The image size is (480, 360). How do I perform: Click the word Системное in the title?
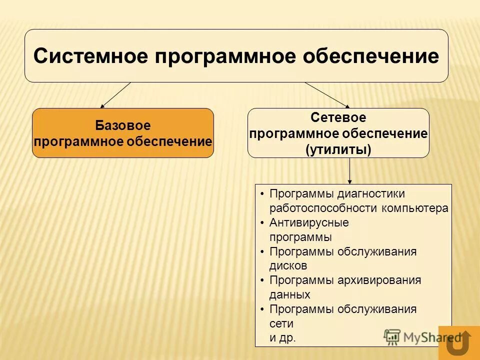point(90,56)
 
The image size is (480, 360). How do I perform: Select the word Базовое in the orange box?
point(122,125)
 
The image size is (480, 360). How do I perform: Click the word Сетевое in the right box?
point(338,118)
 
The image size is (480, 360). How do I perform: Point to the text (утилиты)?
point(338,149)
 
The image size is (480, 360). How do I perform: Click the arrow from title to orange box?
point(115,95)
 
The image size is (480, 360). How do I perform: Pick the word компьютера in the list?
point(415,208)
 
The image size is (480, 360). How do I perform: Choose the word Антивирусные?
point(308,222)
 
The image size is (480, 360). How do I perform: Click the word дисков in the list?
point(288,265)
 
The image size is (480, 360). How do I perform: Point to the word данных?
point(289,294)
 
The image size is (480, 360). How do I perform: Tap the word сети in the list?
point(281,323)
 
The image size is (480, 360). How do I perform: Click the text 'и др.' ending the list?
point(282,338)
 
